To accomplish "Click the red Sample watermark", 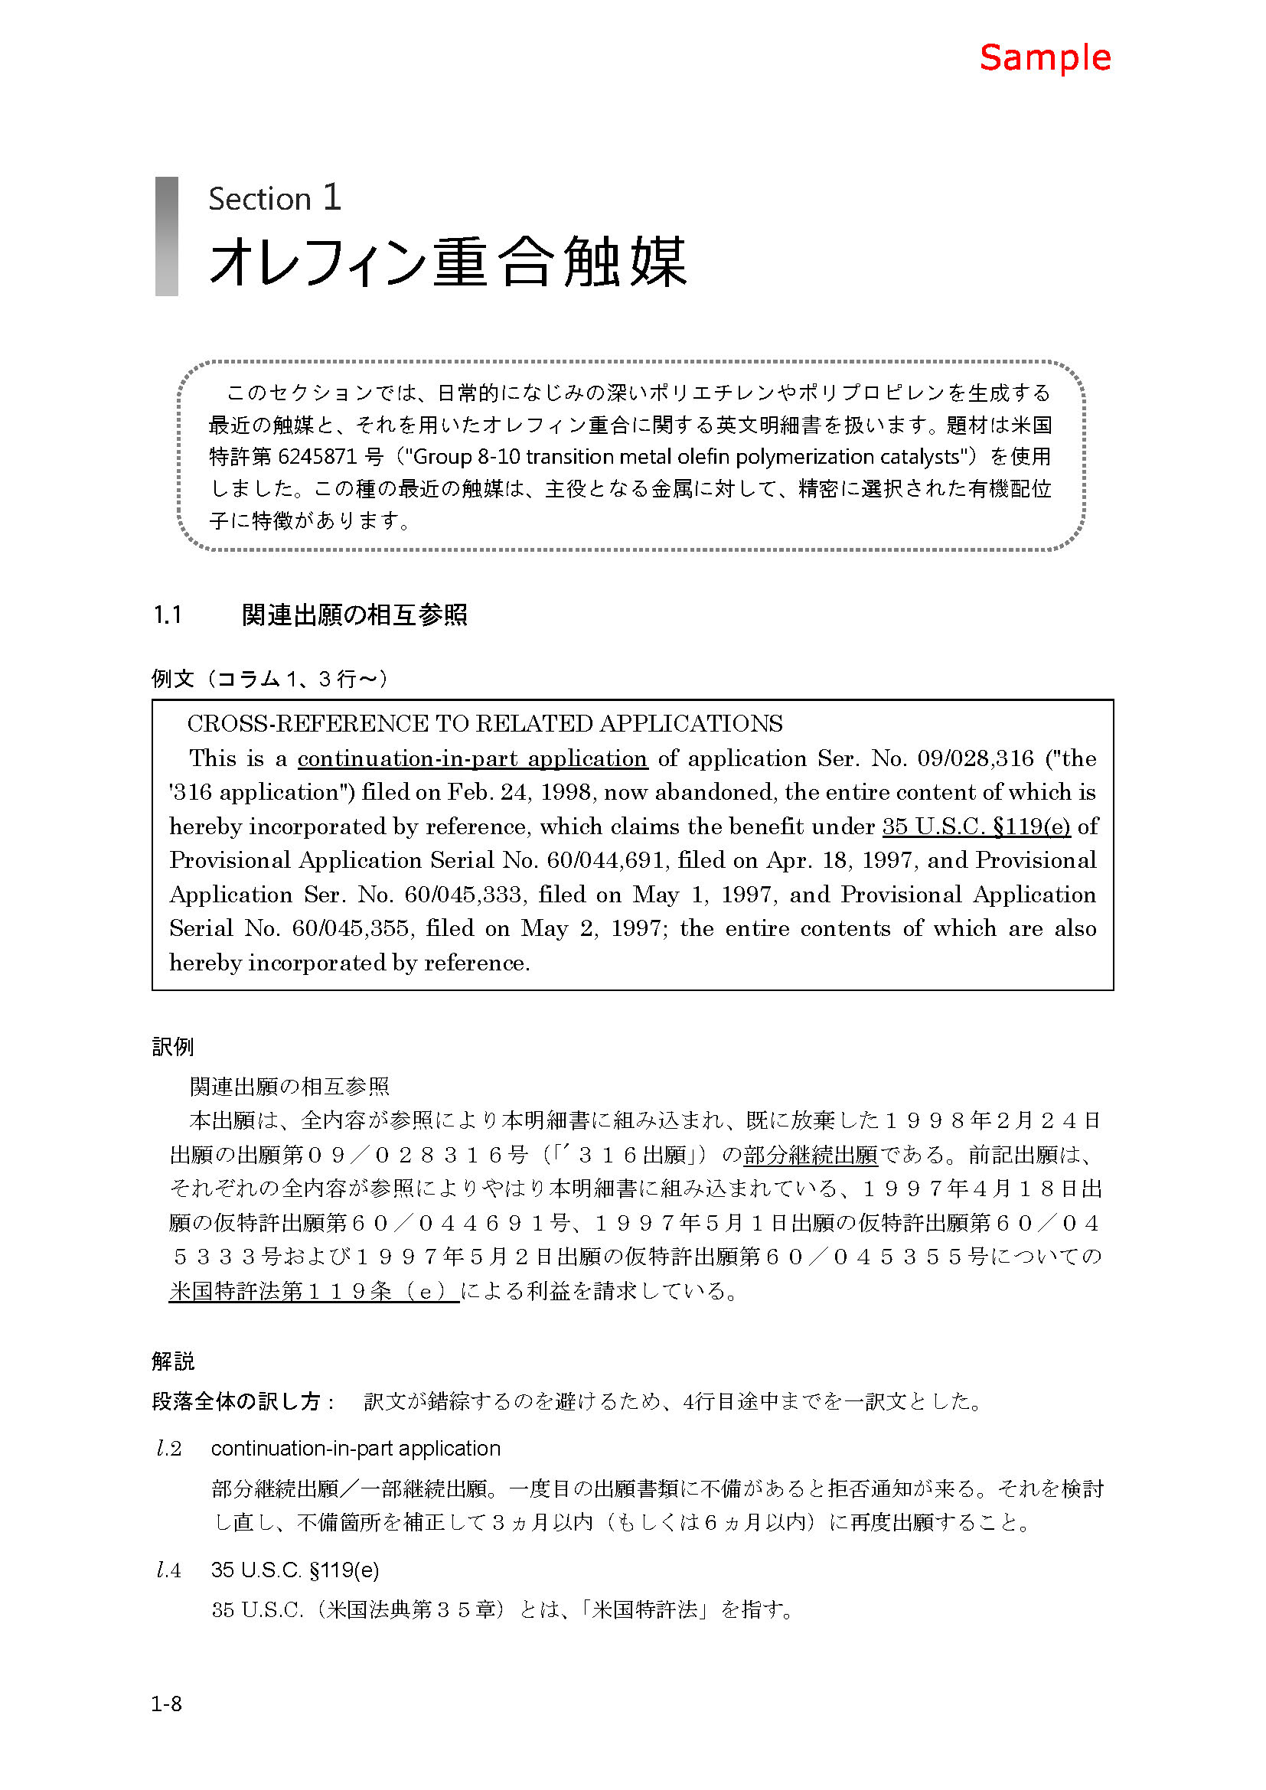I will (1044, 58).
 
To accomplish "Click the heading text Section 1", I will (275, 199).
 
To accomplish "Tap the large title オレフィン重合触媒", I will (448, 261).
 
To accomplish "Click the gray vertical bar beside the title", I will (167, 236).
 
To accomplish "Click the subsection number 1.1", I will (168, 616).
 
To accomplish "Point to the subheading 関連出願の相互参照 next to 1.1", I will (354, 616).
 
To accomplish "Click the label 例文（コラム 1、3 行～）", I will (269, 679).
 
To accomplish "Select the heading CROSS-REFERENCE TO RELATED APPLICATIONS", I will (484, 724).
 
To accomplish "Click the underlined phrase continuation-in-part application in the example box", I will (471, 758).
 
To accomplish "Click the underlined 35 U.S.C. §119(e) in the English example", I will (976, 827).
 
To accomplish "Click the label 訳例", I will (173, 1047).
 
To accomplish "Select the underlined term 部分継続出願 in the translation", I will (810, 1155).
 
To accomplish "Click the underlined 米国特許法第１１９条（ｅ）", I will (313, 1291).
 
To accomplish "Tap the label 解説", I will (173, 1361).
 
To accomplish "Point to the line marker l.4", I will (169, 1570).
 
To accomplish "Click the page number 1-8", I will (166, 1704).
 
